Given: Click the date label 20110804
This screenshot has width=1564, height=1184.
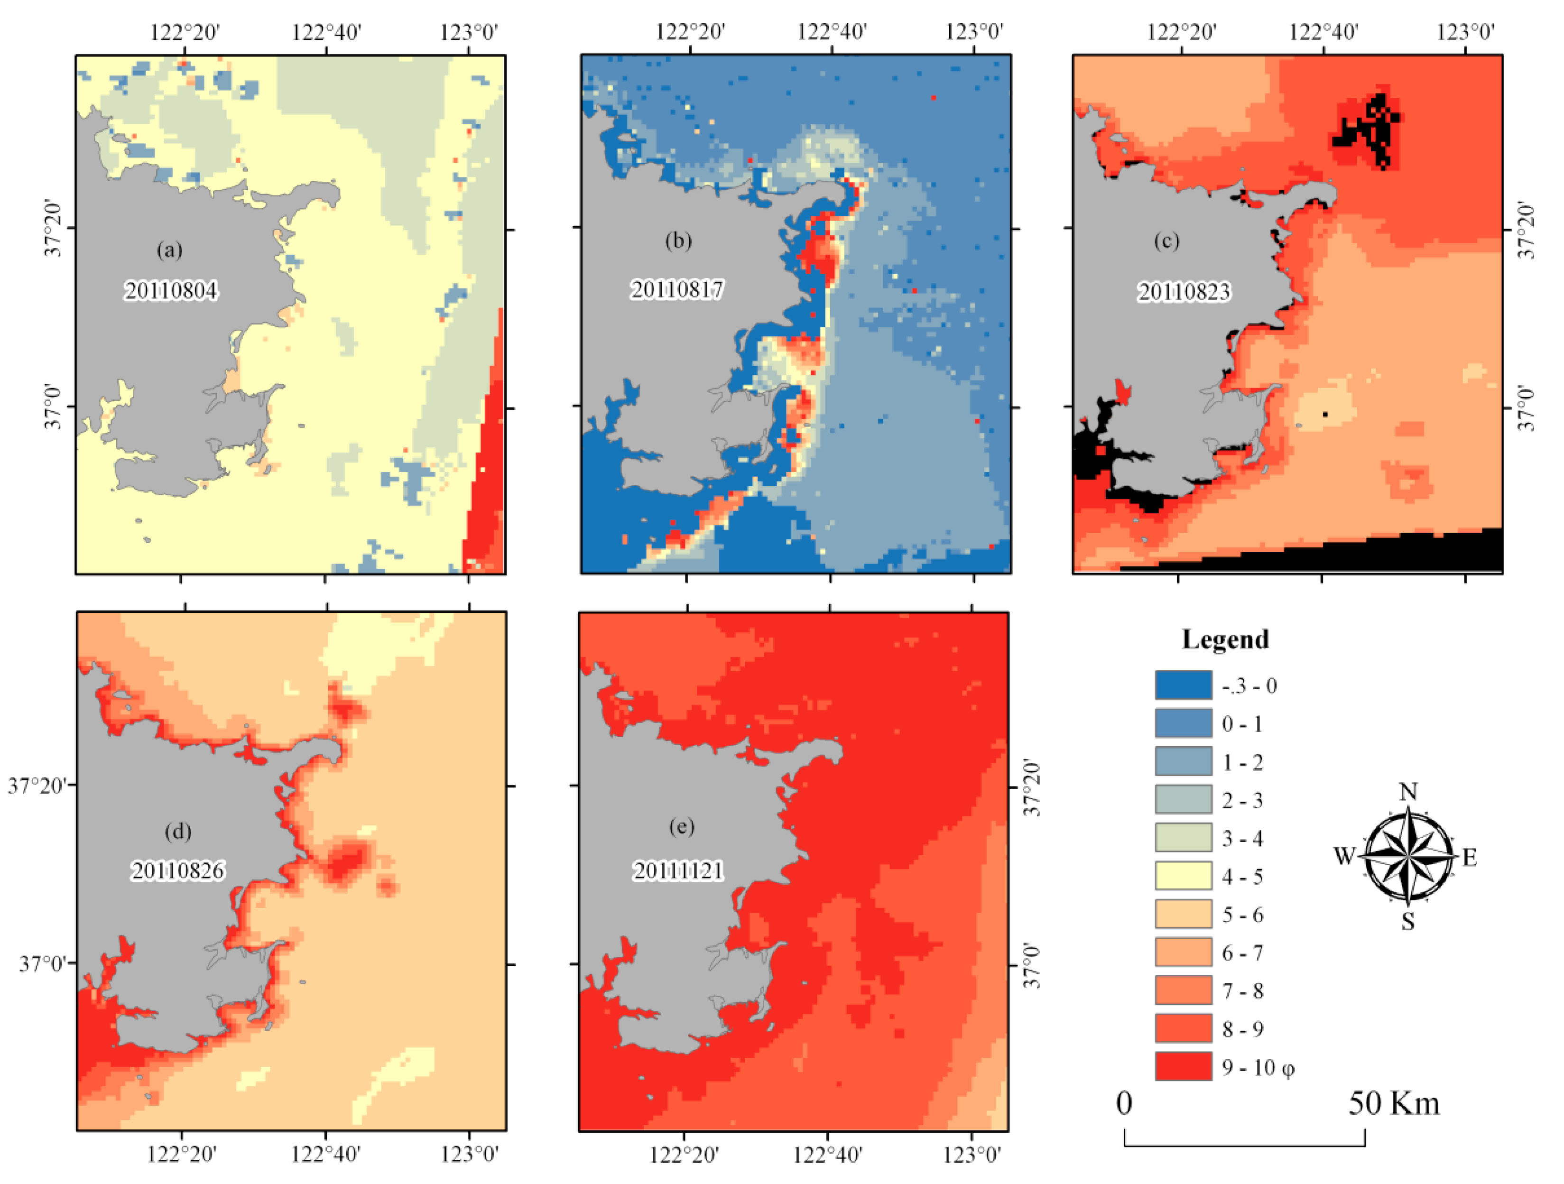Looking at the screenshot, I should tap(171, 290).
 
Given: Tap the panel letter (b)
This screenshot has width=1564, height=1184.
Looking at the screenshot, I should tap(677, 241).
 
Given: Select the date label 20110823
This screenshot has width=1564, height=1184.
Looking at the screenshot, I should tap(1184, 291).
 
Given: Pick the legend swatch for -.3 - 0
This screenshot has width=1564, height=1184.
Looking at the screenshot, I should tap(1183, 685).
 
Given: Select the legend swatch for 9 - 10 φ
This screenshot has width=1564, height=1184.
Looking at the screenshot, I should tap(1183, 1066).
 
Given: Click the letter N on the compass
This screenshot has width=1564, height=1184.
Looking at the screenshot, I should tap(1408, 792).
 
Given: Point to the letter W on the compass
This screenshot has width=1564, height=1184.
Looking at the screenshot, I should tap(1344, 857).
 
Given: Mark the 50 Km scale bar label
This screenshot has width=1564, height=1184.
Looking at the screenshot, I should tap(1393, 1103).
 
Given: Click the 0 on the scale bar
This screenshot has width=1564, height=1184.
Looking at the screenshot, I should tap(1124, 1103).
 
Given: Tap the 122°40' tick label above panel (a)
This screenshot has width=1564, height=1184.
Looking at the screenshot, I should tap(326, 33).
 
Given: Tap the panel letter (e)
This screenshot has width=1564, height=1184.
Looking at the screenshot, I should tap(681, 826).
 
